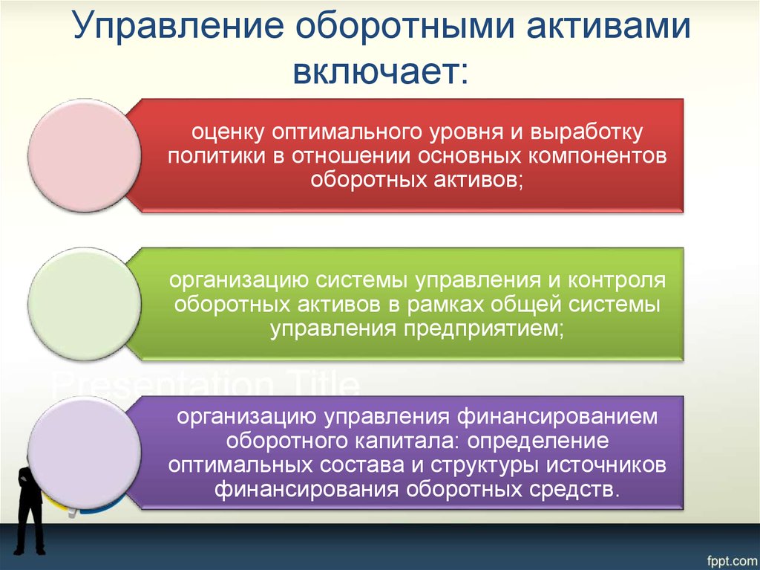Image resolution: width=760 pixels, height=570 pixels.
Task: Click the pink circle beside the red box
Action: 85,156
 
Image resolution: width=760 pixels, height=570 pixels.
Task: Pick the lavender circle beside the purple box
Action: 85,453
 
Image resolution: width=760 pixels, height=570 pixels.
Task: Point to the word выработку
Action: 586,132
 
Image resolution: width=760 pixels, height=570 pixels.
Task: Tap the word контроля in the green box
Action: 617,281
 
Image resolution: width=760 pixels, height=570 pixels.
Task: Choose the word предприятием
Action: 484,330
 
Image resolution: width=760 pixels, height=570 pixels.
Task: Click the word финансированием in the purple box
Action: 557,417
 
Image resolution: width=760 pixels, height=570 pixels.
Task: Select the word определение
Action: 538,441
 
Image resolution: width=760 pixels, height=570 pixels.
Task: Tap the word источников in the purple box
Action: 606,465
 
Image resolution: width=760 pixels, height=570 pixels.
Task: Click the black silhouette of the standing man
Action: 30,510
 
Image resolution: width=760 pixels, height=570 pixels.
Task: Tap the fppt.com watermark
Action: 731,562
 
